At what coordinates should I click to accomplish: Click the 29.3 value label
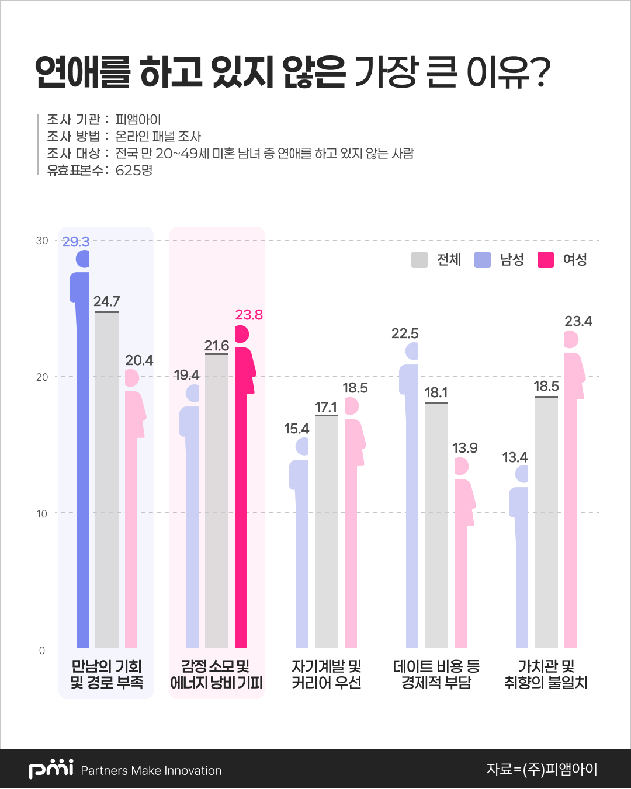[75, 242]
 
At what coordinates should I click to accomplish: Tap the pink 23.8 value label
[249, 315]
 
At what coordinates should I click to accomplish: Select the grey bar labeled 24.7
[107, 479]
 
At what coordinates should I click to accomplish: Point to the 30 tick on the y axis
[42, 241]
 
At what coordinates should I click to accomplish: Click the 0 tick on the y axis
[42, 651]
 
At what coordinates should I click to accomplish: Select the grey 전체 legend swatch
[419, 260]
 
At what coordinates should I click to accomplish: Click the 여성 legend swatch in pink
[546, 260]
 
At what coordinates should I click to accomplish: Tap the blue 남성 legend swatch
[483, 260]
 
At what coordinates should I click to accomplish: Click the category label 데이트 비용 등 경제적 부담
[436, 675]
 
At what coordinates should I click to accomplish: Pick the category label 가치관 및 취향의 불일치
[546, 675]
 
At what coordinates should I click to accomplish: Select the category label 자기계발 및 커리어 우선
[327, 675]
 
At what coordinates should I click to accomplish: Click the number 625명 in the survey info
[134, 171]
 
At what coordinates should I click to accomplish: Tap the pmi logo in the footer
[51, 769]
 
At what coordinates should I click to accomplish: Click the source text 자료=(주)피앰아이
[542, 769]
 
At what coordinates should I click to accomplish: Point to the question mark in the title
[540, 72]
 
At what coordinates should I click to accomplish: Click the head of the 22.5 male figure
[412, 351]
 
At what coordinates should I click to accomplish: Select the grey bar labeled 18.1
[436, 526]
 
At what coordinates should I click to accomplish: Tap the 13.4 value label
[515, 457]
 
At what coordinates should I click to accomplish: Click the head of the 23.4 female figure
[571, 339]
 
